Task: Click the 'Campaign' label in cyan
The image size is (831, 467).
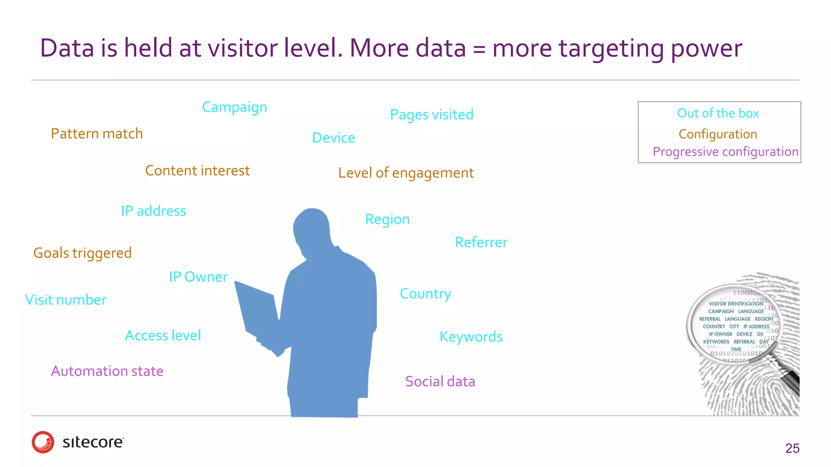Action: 235,107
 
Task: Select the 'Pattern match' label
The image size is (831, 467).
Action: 97,134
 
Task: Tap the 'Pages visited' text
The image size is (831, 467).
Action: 432,115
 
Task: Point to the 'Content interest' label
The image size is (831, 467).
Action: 197,171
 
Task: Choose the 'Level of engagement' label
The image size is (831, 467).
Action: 406,173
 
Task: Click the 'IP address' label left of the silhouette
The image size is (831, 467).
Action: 153,211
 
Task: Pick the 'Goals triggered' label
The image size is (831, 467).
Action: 82,253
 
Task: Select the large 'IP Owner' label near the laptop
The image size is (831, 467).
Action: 198,277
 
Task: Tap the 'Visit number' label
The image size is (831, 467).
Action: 66,300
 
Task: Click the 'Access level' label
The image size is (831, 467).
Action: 163,336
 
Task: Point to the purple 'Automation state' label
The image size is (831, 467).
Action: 107,371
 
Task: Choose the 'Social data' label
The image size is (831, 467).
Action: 440,381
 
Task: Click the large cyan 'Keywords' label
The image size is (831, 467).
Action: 471,337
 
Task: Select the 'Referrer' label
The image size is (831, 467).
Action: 481,242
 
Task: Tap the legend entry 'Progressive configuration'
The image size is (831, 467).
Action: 725,152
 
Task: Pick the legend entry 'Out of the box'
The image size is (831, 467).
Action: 718,113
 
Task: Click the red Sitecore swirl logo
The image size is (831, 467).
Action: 43,442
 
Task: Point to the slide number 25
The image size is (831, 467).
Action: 792,448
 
